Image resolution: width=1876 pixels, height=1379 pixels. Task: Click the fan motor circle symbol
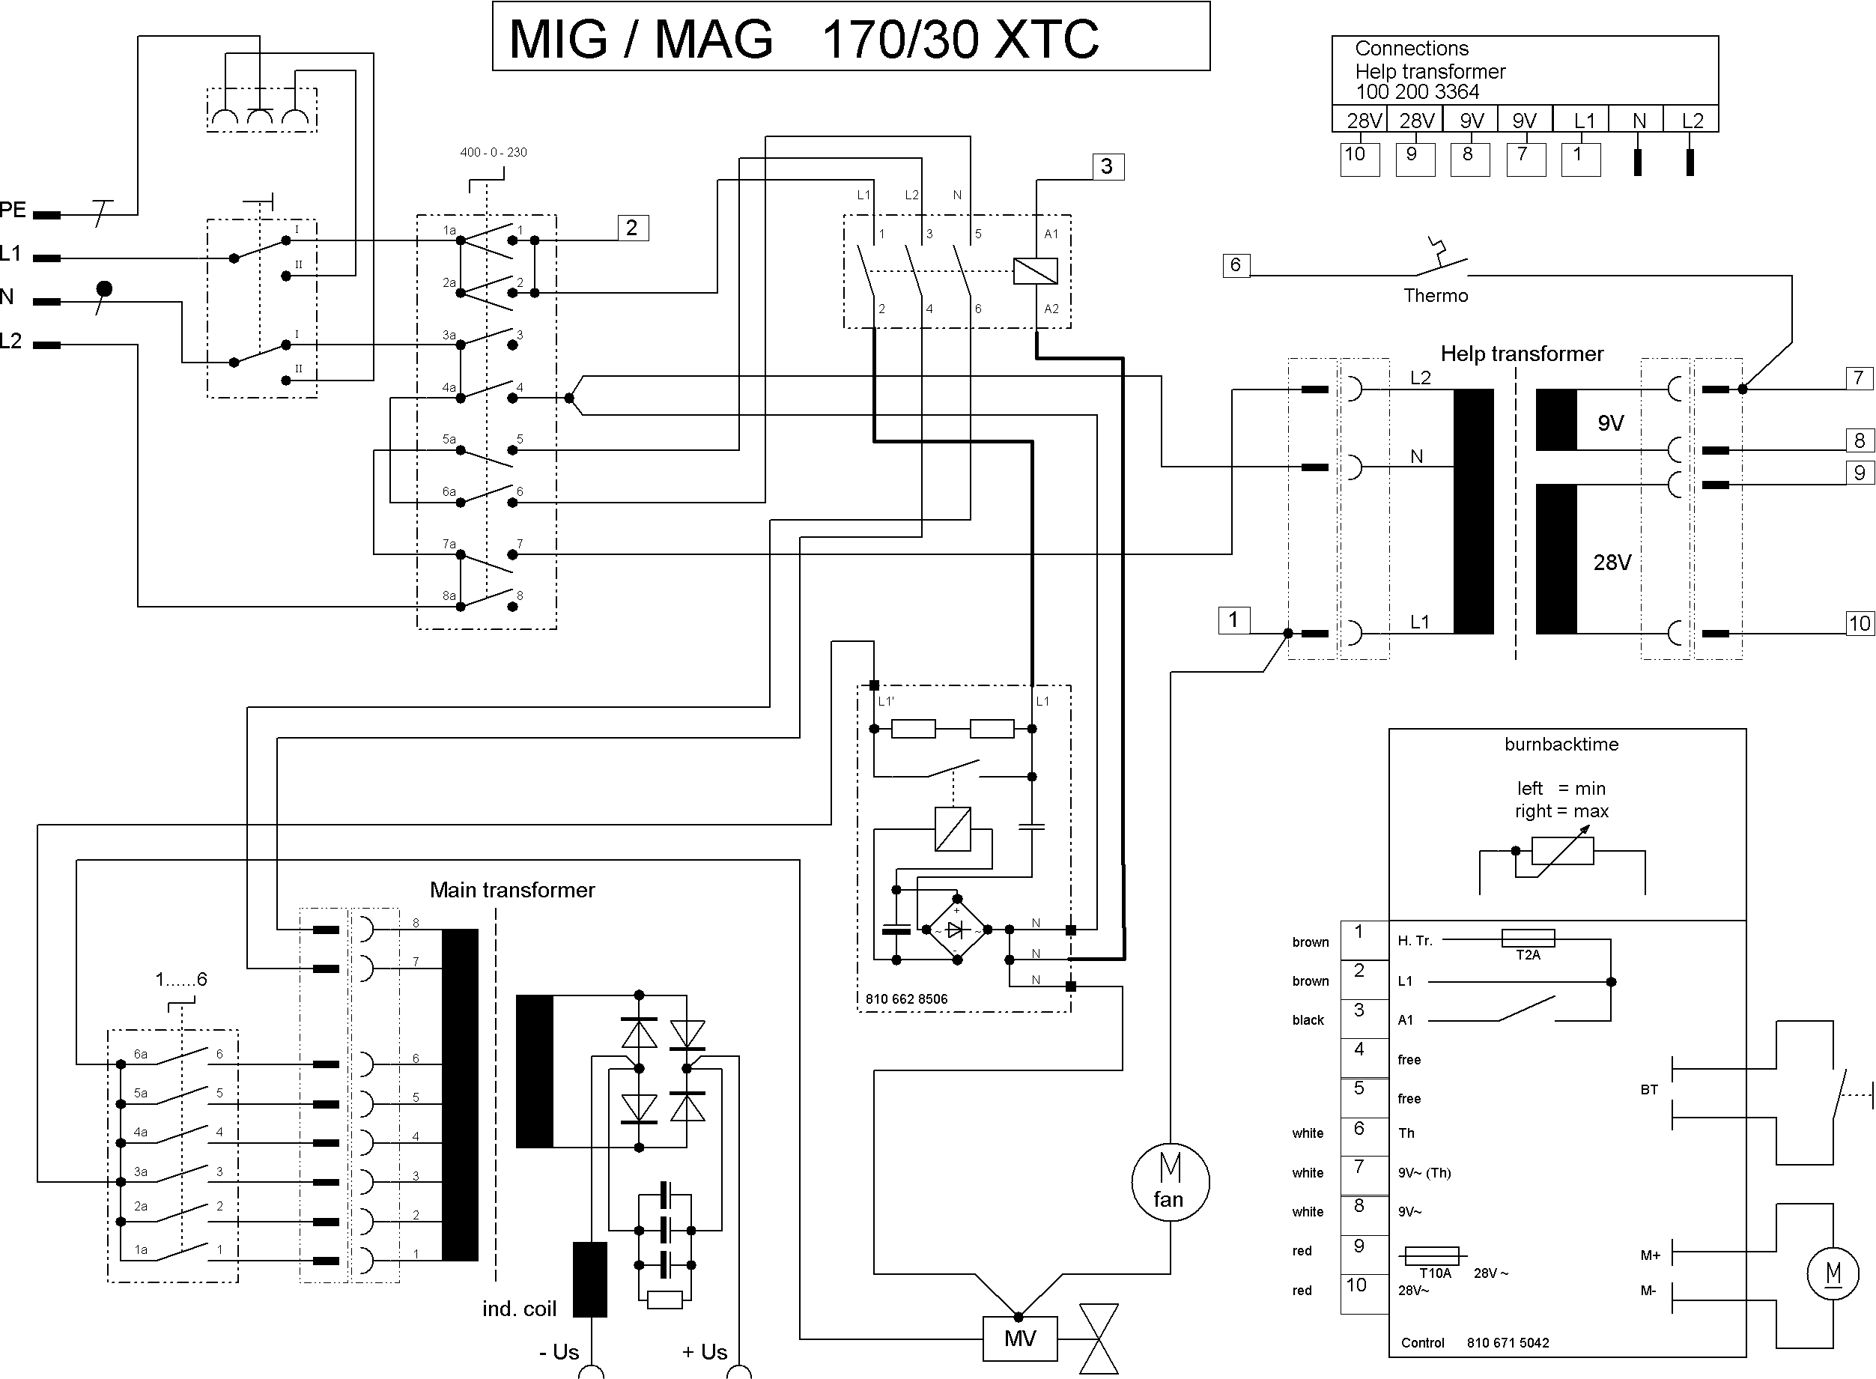click(1170, 1182)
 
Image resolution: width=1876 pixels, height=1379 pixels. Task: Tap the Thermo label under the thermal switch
click(1436, 295)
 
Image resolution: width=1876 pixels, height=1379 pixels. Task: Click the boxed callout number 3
click(1108, 166)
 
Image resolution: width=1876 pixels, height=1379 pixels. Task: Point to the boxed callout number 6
click(1236, 265)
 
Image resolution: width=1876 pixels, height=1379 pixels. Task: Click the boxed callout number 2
click(633, 228)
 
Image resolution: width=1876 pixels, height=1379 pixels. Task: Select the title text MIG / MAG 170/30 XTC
click(804, 38)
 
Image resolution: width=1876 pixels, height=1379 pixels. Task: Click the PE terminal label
click(13, 210)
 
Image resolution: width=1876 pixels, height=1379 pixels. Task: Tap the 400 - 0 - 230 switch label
click(494, 153)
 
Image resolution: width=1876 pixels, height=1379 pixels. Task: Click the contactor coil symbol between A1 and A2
click(1035, 271)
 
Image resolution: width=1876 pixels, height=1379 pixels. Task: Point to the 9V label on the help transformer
click(1611, 423)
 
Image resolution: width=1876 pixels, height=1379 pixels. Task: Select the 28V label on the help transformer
click(1612, 563)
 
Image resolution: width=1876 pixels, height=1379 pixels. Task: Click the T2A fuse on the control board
click(1527, 939)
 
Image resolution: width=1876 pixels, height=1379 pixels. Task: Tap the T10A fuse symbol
click(1431, 1255)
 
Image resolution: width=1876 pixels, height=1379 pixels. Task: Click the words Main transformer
click(512, 890)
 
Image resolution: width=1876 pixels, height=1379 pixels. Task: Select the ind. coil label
click(519, 1309)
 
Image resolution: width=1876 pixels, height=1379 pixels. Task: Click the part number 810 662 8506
click(906, 999)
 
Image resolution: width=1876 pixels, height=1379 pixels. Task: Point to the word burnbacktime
click(1561, 745)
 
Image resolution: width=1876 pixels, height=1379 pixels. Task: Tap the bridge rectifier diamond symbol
click(956, 929)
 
